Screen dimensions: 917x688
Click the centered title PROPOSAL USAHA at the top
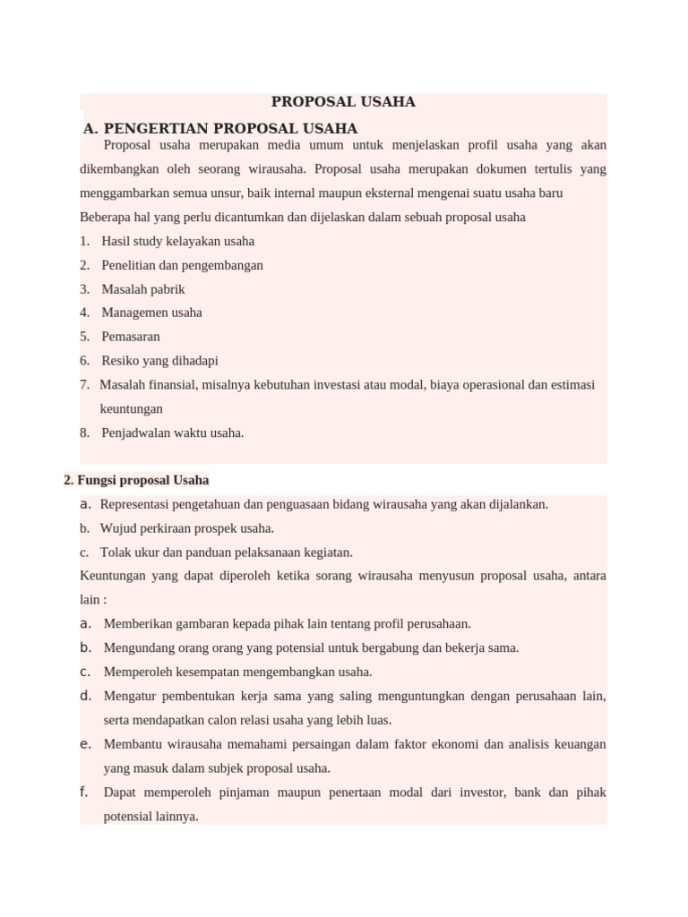(x=343, y=102)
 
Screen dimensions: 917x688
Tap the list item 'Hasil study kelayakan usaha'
(x=177, y=241)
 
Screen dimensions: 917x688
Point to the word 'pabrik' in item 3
(x=168, y=289)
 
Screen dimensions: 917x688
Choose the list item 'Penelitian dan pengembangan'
(x=182, y=265)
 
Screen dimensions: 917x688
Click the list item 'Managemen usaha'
(x=151, y=313)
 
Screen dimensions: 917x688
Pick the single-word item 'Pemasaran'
(x=131, y=337)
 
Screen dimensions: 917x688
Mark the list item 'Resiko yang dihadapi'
(x=159, y=361)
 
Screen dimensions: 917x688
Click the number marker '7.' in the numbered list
(x=84, y=385)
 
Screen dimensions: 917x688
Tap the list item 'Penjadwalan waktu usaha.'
(x=172, y=433)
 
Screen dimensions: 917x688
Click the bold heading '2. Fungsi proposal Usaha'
(x=136, y=480)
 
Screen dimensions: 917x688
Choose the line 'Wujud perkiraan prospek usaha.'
(x=187, y=528)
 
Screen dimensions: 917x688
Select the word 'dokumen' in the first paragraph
(x=488, y=168)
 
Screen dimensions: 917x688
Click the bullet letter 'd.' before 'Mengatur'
(x=86, y=696)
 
